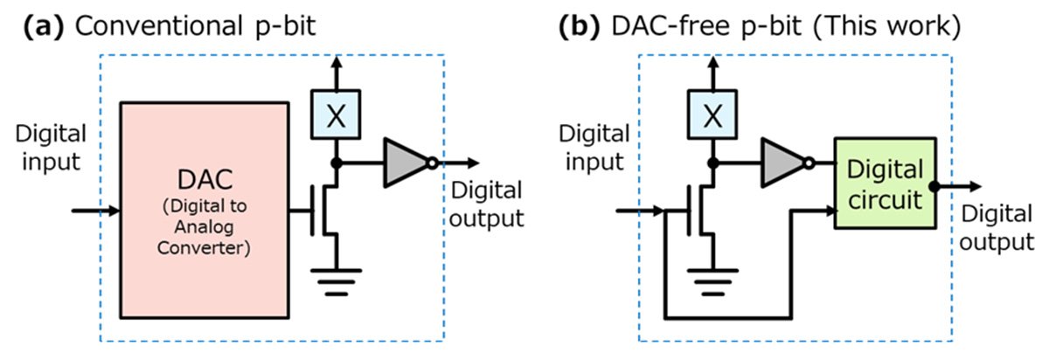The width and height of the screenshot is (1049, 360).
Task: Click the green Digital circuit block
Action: pyautogui.click(x=885, y=183)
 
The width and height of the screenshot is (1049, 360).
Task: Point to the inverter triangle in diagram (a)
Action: pyautogui.click(x=405, y=163)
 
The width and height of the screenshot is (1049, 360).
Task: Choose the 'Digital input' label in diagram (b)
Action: pyautogui.click(x=594, y=149)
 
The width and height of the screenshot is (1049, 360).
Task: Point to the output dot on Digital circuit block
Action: pyautogui.click(x=934, y=185)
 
